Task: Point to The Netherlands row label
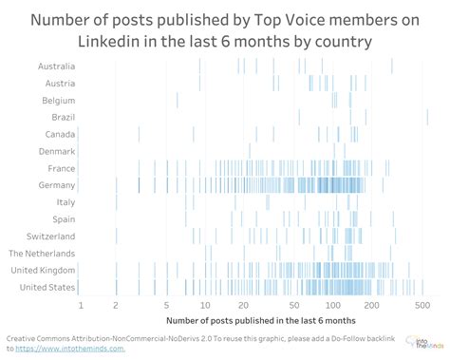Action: [x=42, y=253]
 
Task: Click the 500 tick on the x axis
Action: [x=422, y=305]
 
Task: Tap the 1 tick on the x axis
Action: [x=81, y=305]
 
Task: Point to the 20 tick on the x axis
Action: [x=243, y=305]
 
